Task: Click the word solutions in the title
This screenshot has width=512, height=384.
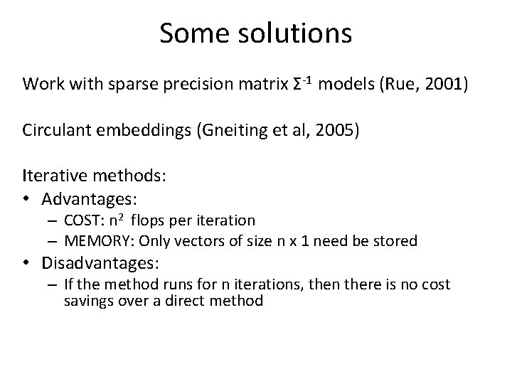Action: point(295,33)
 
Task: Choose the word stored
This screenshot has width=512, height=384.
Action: point(396,241)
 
